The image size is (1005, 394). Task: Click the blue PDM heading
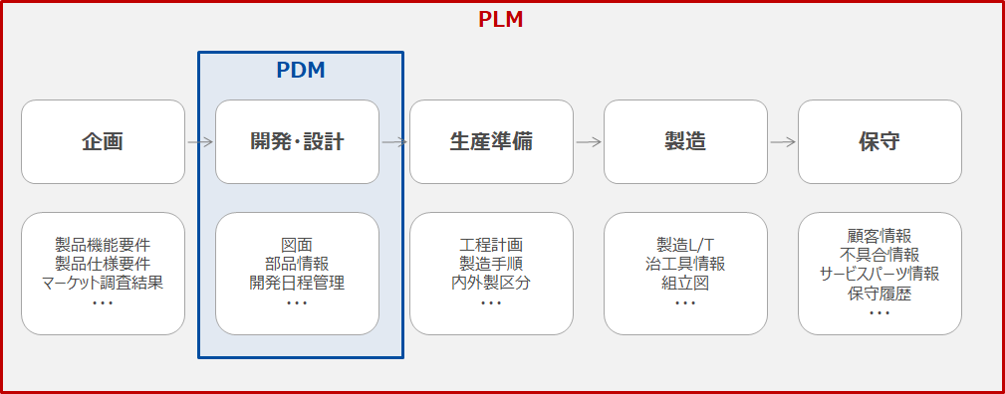click(x=301, y=71)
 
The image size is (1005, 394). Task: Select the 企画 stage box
click(x=103, y=142)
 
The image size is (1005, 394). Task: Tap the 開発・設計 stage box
click(x=297, y=142)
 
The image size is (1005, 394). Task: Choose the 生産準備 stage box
click(x=491, y=142)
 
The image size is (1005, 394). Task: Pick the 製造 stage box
click(x=685, y=142)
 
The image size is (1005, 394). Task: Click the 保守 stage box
click(x=879, y=142)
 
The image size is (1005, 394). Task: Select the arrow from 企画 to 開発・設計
click(x=200, y=142)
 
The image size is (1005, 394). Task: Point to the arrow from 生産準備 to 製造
click(x=589, y=142)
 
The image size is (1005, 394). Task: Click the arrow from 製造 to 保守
click(x=783, y=142)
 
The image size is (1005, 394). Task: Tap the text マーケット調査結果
click(x=103, y=283)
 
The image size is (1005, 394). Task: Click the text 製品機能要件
click(x=103, y=245)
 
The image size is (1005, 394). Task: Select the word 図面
click(x=297, y=245)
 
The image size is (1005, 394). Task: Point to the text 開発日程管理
click(x=297, y=283)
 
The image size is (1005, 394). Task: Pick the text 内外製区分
click(x=491, y=283)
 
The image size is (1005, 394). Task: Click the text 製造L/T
click(x=685, y=245)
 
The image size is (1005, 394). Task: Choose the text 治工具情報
click(x=685, y=264)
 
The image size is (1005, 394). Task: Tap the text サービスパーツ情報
click(x=879, y=274)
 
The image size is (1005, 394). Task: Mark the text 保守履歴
click(x=879, y=294)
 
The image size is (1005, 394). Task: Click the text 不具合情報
click(x=879, y=255)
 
